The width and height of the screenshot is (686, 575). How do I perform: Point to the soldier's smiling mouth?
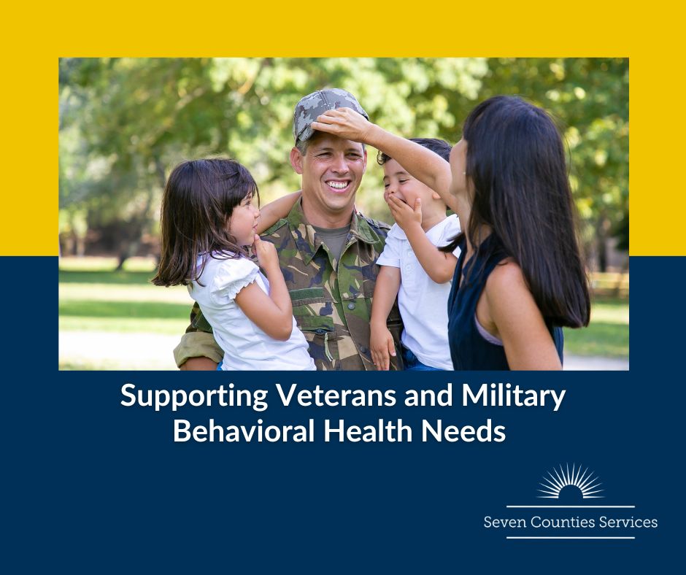tap(339, 185)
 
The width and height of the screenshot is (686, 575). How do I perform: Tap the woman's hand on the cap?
tap(342, 123)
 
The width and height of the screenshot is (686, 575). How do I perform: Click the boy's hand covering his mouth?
tap(404, 212)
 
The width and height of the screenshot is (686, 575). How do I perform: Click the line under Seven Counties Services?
tap(570, 538)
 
